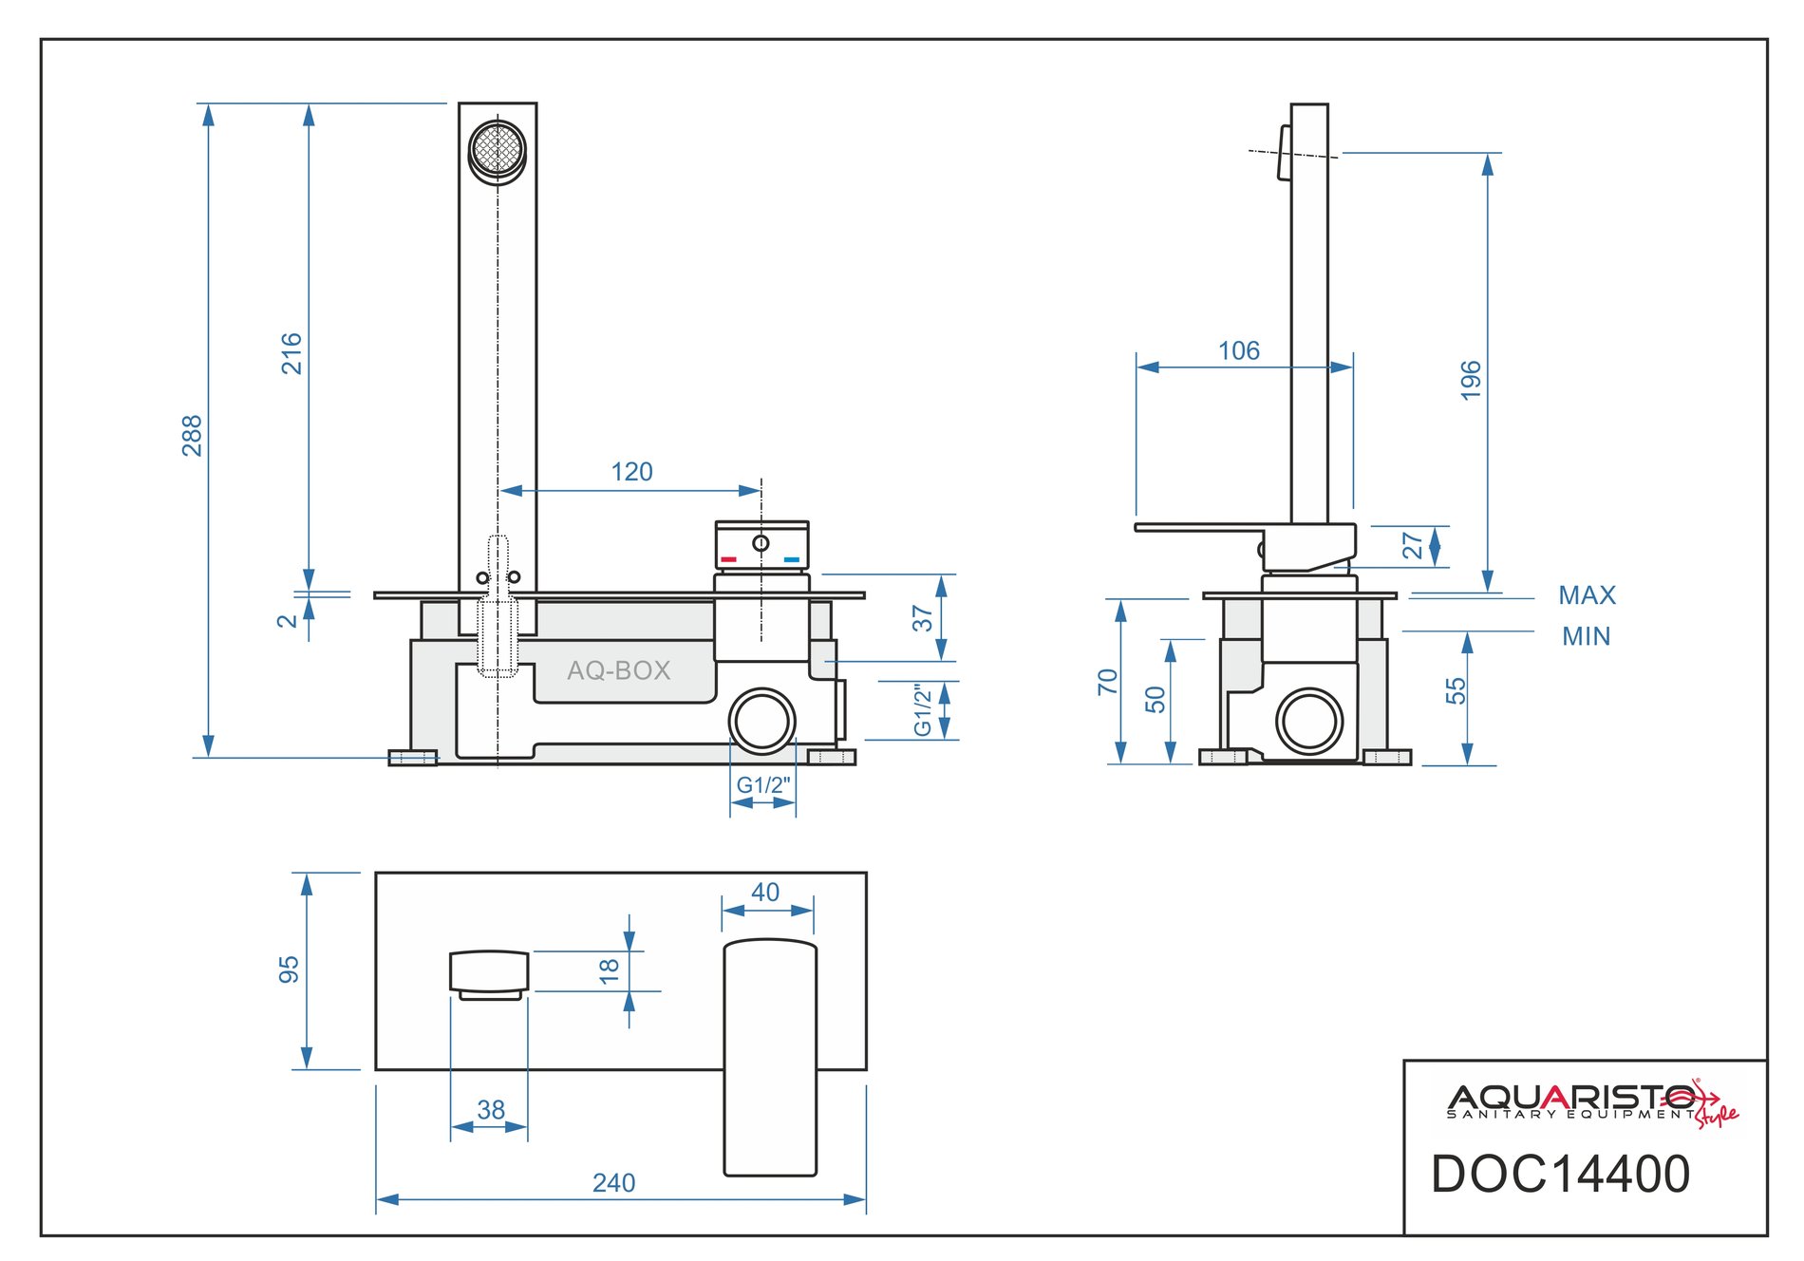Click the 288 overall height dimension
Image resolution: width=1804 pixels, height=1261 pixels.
pos(192,435)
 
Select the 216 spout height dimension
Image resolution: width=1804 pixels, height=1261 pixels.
pos(291,352)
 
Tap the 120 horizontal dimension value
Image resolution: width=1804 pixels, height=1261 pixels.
pos(631,472)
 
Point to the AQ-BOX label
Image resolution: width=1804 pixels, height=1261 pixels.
pos(619,670)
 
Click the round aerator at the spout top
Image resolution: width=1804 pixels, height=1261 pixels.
pos(498,149)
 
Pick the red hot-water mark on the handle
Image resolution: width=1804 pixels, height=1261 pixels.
pos(728,558)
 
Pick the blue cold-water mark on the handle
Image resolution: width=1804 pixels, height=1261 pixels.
pos(791,559)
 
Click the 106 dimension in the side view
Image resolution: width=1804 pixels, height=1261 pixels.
pos(1238,351)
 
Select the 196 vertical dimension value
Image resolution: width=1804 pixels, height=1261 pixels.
pos(1470,380)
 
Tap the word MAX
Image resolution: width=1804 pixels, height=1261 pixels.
pos(1587,595)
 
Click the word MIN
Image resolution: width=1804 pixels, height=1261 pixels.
pos(1586,636)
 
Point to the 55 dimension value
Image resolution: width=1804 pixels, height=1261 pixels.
pos(1455,690)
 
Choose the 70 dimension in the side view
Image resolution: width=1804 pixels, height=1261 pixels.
pos(1107,682)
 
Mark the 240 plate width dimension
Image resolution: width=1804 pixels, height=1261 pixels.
pos(613,1183)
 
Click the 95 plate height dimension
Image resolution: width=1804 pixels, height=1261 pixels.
pos(289,969)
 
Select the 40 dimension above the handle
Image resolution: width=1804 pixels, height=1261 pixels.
pos(765,893)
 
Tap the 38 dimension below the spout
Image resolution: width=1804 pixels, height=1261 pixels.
pos(491,1109)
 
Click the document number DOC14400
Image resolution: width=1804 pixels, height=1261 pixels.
pos(1560,1175)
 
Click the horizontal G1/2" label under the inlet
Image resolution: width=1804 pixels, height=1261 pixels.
pos(762,785)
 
